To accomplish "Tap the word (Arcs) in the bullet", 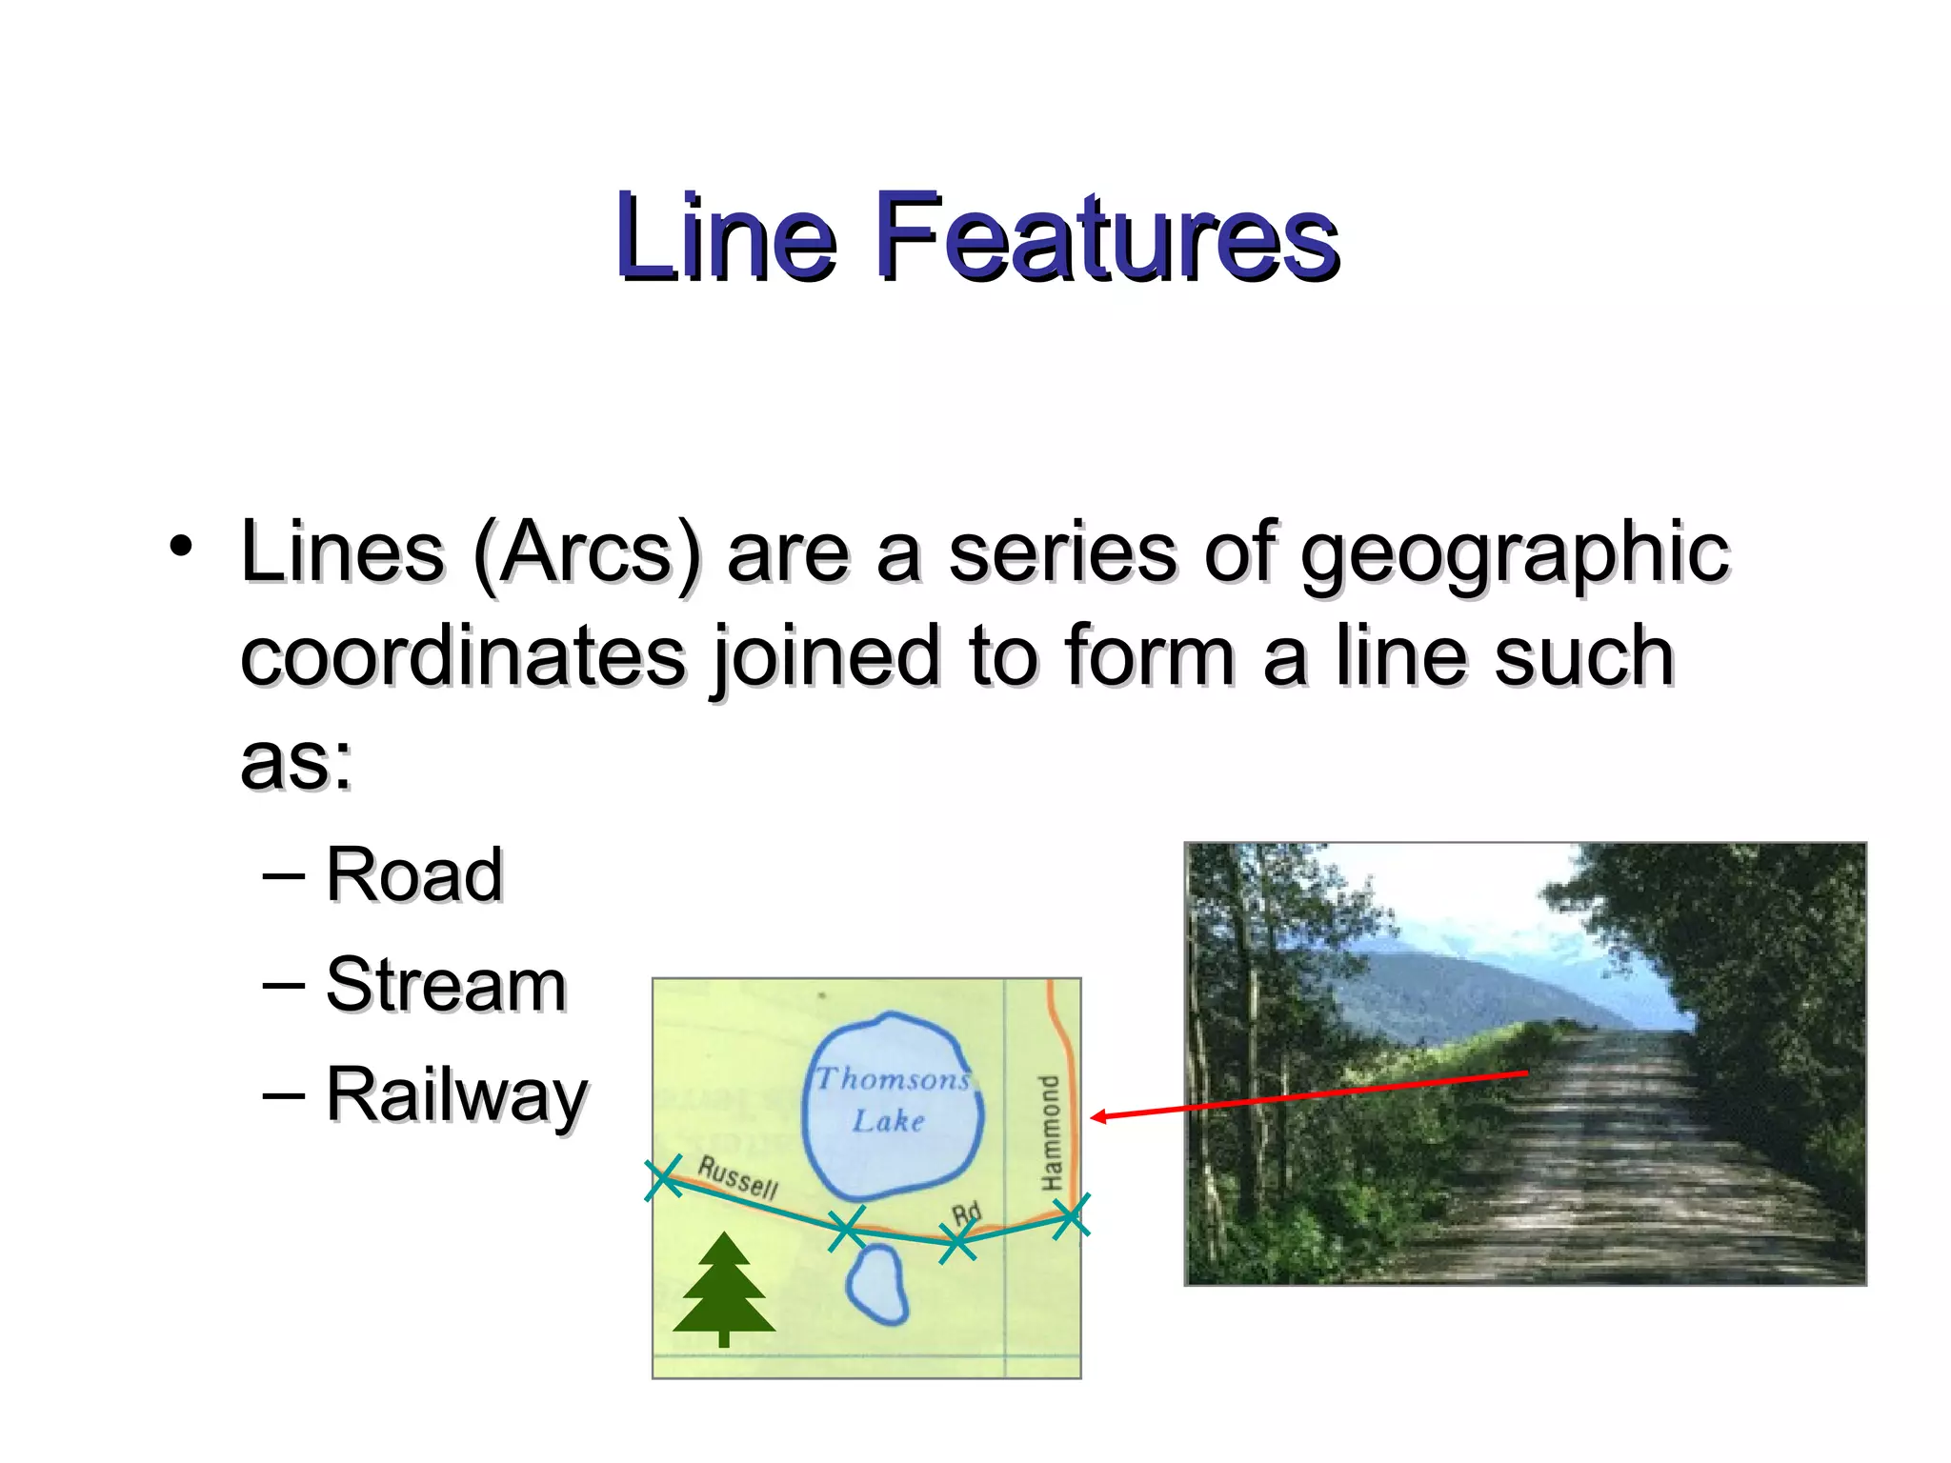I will (x=587, y=554).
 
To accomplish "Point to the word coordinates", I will (x=463, y=657).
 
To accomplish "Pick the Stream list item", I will (x=446, y=985).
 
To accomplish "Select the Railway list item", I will (x=456, y=1096).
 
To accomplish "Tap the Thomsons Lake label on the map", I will (x=892, y=1099).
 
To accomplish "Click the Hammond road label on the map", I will (x=1050, y=1132).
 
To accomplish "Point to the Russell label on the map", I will (x=737, y=1177).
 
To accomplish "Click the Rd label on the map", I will (x=966, y=1214).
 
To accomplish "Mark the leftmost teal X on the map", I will (x=663, y=1178).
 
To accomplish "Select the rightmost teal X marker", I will (x=1071, y=1216).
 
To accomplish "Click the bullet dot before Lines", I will (x=180, y=547).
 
